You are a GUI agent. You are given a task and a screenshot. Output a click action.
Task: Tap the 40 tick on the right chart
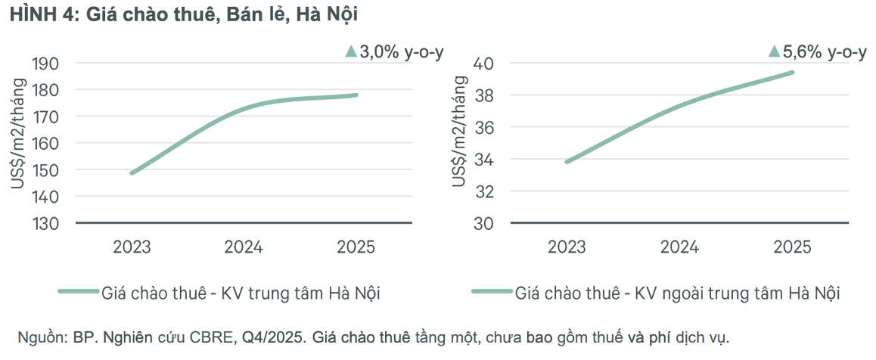(484, 64)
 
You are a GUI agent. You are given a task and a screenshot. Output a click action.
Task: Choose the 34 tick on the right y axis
(484, 160)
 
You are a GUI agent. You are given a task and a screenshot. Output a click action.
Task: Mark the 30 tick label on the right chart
(484, 224)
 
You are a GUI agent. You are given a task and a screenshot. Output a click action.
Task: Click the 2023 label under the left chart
(132, 247)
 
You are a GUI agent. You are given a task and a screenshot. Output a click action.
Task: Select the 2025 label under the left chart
(356, 247)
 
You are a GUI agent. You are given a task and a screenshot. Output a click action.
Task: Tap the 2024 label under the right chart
(679, 247)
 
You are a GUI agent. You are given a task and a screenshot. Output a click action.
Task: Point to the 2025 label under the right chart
(792, 247)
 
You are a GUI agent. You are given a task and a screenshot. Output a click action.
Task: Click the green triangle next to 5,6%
(774, 51)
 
